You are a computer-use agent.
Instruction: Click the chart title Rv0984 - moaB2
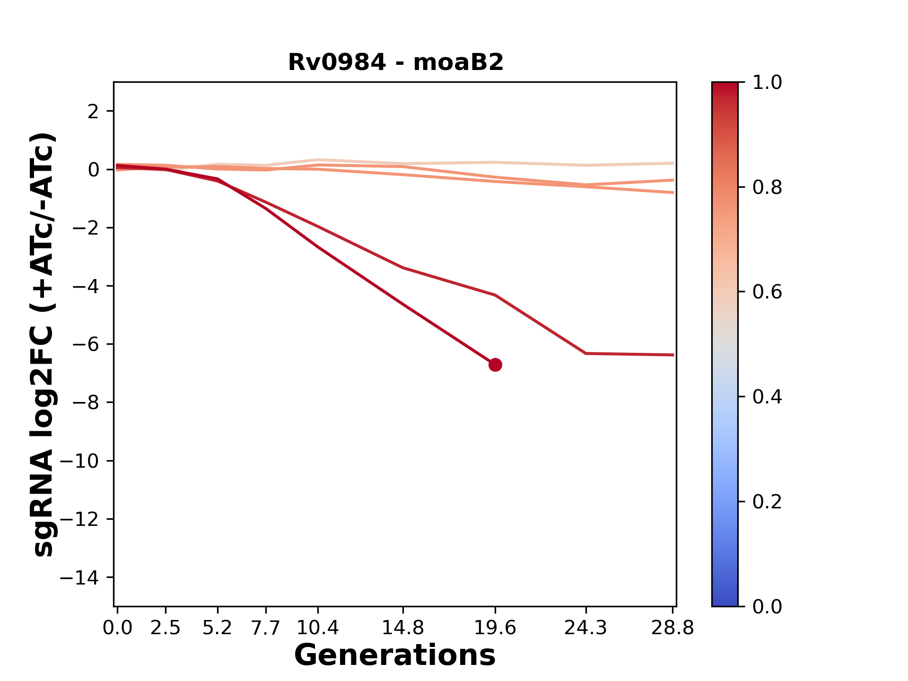[395, 62]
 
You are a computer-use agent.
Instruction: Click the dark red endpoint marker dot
[495, 365]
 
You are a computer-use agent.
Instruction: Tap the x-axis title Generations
[395, 655]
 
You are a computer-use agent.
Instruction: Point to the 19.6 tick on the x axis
[495, 628]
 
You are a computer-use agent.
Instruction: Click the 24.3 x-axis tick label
[586, 628]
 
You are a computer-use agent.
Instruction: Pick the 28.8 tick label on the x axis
[672, 628]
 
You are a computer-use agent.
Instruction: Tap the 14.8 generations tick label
[402, 628]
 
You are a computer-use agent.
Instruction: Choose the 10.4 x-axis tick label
[318, 628]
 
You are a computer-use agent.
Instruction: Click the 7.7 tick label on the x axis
[266, 628]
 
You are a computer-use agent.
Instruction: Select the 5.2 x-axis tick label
[218, 628]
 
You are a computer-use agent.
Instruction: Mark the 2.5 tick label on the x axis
[166, 628]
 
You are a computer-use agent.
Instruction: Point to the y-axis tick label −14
[79, 577]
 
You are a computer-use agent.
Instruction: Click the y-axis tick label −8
[85, 402]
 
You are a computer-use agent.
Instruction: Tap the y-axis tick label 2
[94, 112]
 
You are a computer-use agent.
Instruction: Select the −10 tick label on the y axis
[79, 461]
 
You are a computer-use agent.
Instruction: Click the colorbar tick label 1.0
[767, 83]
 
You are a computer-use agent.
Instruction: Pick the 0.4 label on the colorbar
[767, 397]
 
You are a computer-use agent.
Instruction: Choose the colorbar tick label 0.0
[767, 606]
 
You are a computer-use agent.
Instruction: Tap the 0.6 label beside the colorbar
[767, 292]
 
